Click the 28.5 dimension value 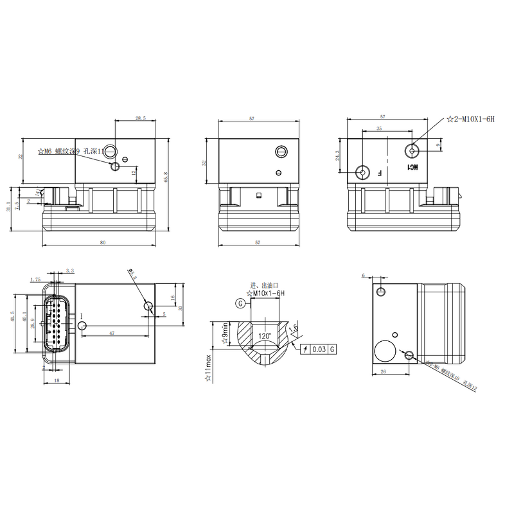(x=140, y=118)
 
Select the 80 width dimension (x=102, y=242)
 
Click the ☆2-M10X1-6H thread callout (x=471, y=120)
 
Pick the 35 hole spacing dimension (x=378, y=129)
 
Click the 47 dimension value (x=112, y=334)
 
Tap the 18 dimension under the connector (x=57, y=381)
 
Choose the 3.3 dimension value (x=70, y=271)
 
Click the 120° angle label (x=263, y=336)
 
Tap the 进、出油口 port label (x=263, y=285)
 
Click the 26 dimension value (x=384, y=372)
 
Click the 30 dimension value (x=181, y=307)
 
